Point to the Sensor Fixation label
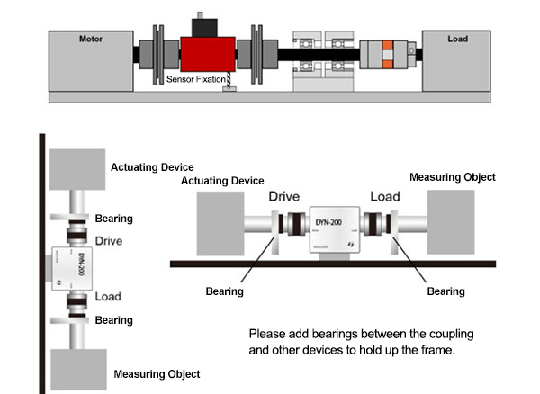pyautogui.click(x=196, y=81)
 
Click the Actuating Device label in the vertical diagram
pyautogui.click(x=158, y=167)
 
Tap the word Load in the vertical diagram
pyautogui.click(x=108, y=296)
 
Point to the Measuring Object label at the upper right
pyautogui.click(x=453, y=177)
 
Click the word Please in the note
pyautogui.click(x=267, y=334)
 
